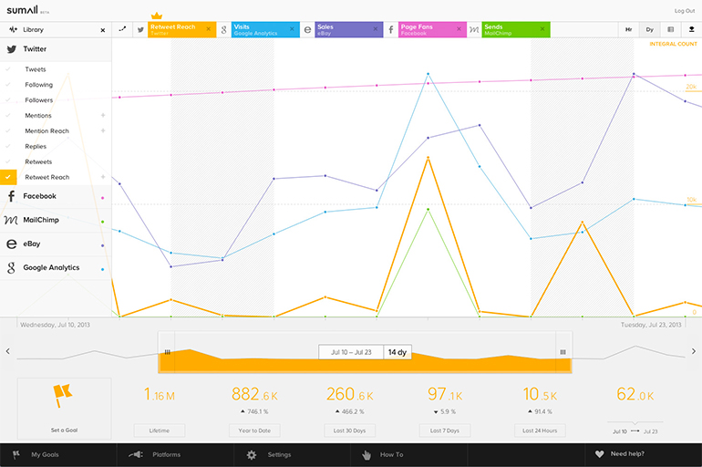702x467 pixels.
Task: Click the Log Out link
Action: coord(684,11)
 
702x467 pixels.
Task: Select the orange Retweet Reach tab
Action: coord(178,29)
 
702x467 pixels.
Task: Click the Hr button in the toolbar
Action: coord(628,30)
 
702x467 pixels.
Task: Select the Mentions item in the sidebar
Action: coord(38,116)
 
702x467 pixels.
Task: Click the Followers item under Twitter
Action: coord(39,100)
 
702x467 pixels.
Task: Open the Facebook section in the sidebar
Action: coord(39,196)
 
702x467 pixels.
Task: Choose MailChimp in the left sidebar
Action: coord(42,220)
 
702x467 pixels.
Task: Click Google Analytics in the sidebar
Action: coord(51,268)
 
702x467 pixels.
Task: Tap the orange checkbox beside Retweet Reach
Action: coord(9,177)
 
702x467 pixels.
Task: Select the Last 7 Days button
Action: coord(444,431)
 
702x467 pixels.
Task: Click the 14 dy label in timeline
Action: coord(397,352)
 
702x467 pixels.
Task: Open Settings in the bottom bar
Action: coord(279,454)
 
